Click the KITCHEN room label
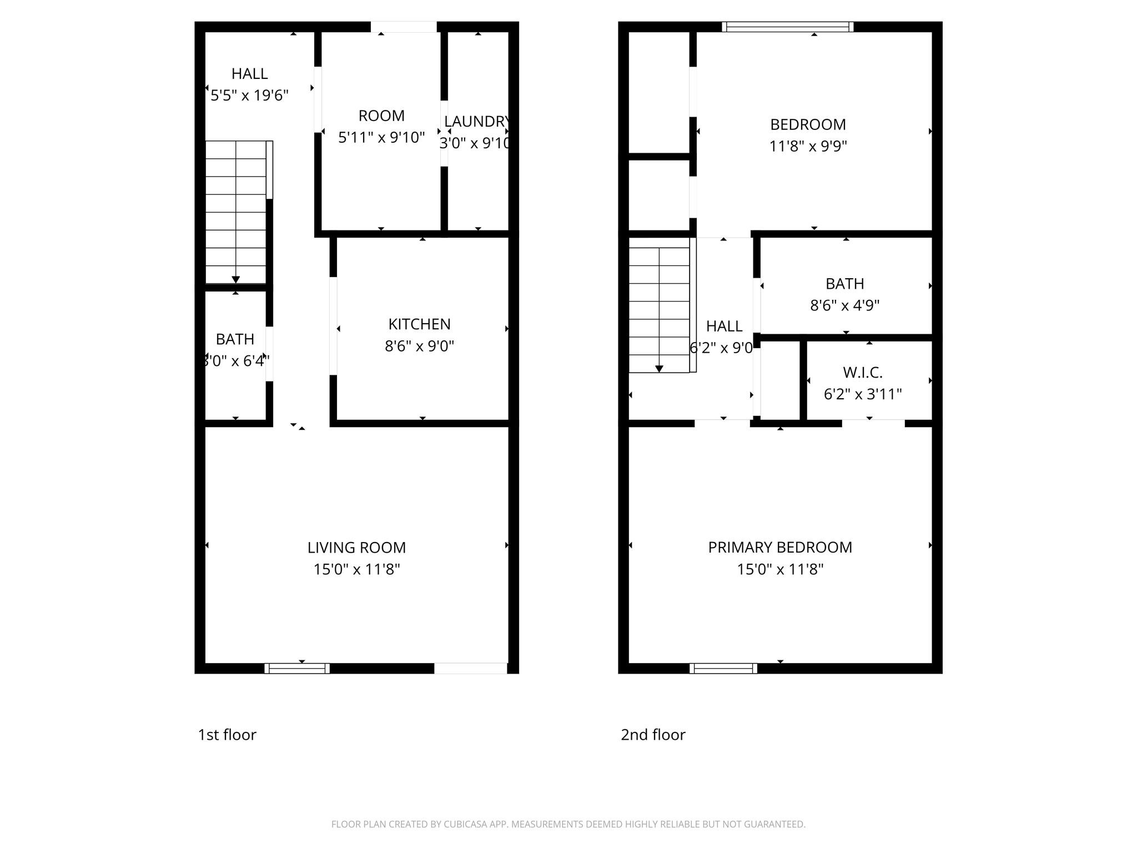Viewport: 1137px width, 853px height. point(419,324)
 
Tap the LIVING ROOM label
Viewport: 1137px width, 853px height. point(356,548)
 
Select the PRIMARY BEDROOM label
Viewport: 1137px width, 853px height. point(780,548)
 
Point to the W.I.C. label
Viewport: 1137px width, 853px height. point(862,373)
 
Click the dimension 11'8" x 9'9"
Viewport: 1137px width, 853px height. point(808,146)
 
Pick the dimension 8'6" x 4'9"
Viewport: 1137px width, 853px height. point(844,305)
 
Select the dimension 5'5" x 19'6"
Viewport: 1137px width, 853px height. point(249,96)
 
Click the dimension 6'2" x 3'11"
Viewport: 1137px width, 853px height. point(862,394)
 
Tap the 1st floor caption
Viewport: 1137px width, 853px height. point(227,735)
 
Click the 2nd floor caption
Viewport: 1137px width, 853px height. point(653,735)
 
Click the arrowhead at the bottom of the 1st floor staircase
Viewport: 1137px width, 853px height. point(235,279)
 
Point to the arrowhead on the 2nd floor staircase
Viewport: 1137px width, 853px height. point(659,369)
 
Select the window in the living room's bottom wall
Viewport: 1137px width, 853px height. point(297,668)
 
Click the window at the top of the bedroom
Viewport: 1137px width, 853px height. point(787,27)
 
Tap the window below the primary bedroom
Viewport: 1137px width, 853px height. point(723,668)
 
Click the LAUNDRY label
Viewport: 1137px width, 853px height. point(476,122)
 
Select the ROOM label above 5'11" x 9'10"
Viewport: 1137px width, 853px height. point(381,116)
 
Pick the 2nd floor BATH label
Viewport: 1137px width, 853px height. point(844,284)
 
